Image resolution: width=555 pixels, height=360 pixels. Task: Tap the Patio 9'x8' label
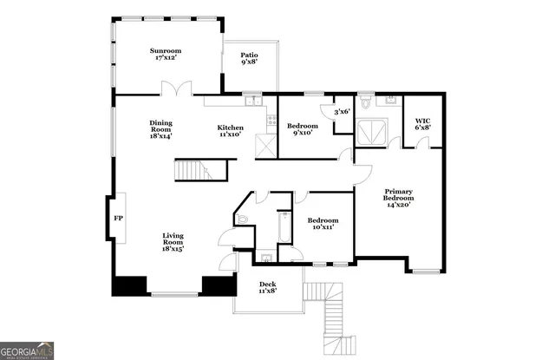coord(249,59)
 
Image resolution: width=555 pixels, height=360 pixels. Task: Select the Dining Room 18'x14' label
coord(161,128)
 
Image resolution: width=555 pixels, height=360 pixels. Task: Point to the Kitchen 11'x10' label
coord(231,131)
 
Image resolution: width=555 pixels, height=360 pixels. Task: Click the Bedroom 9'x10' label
coord(303,130)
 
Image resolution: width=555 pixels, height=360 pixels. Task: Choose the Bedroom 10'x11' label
coord(323,224)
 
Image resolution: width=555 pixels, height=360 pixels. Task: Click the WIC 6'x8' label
coord(422,124)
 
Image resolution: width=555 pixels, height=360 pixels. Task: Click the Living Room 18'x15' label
coord(173,241)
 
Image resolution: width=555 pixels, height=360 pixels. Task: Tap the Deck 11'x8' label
coord(268,288)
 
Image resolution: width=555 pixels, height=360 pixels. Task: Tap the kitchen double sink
coord(253,101)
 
